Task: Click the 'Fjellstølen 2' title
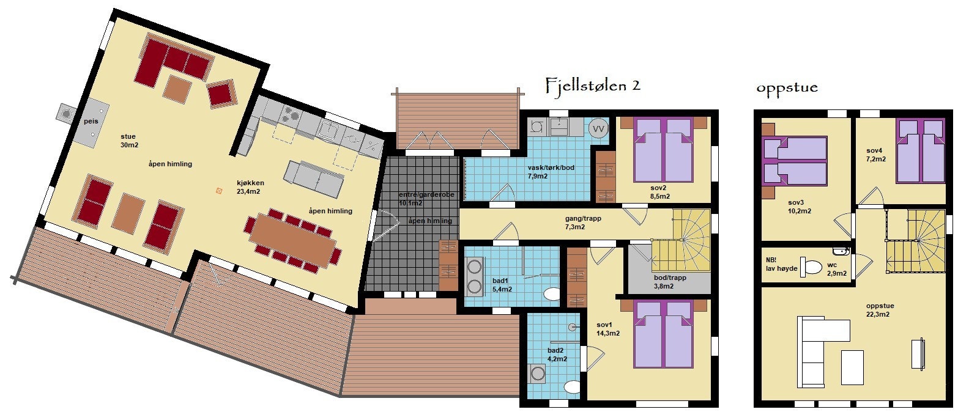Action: (592, 86)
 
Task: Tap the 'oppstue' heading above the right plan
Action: (787, 88)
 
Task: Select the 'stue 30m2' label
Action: (128, 141)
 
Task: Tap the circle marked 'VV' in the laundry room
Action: (599, 129)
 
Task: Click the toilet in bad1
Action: (551, 295)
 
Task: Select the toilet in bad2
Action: (573, 387)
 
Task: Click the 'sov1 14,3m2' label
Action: (608, 329)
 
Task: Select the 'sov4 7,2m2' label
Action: (874, 154)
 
